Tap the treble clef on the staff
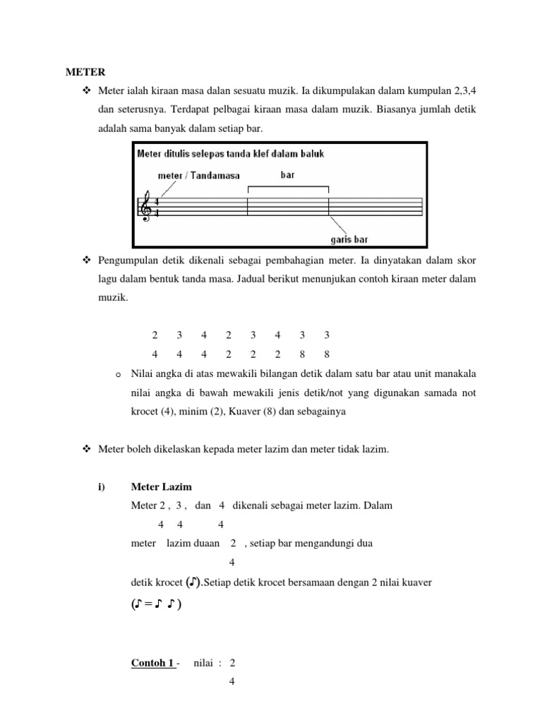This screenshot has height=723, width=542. click(146, 206)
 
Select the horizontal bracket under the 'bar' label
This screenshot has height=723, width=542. click(288, 188)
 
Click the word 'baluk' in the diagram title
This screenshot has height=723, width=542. click(311, 154)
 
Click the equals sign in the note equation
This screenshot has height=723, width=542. click(148, 605)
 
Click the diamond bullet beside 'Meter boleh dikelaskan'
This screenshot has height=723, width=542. click(87, 449)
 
